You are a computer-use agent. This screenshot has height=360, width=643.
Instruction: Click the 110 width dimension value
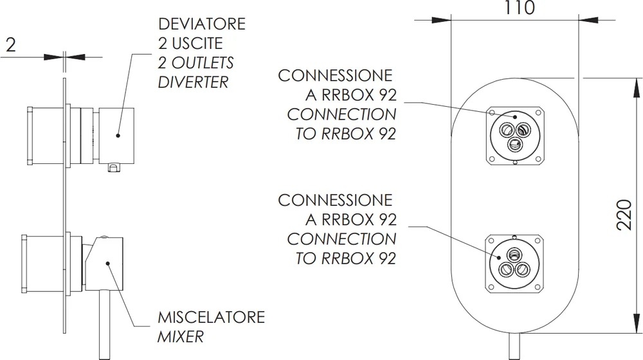[x=519, y=8]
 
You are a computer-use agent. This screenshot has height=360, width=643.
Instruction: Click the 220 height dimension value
[x=624, y=215]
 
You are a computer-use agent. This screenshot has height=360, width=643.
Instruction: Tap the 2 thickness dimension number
[x=11, y=44]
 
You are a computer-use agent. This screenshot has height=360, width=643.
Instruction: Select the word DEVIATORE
[x=202, y=24]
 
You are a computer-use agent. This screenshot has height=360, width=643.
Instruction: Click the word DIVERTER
[x=193, y=82]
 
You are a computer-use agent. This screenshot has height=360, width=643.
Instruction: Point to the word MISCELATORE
[x=211, y=318]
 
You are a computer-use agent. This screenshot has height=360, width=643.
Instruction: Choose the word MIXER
[x=181, y=337]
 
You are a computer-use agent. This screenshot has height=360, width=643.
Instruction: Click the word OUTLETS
[x=203, y=63]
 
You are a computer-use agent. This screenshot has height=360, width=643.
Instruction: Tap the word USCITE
[x=197, y=43]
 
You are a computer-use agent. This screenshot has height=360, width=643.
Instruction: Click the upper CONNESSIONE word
[x=335, y=75]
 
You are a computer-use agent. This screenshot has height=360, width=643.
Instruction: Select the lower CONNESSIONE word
[x=335, y=200]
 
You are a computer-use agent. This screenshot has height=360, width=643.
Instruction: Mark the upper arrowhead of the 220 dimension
[x=636, y=87]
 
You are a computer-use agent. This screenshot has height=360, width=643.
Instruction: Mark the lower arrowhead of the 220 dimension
[x=636, y=323]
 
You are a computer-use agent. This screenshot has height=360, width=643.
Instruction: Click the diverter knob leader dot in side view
[x=118, y=135]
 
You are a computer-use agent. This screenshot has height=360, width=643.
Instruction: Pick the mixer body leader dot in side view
[x=107, y=263]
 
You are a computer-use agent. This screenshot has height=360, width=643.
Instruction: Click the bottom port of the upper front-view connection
[x=514, y=145]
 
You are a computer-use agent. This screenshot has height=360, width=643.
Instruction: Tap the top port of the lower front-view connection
[x=514, y=254]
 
